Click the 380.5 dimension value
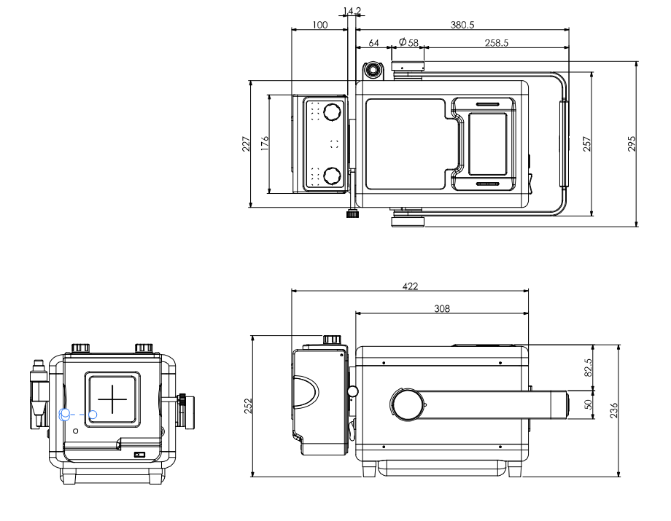462,24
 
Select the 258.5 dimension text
496,43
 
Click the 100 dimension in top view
319,24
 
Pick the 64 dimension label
373,43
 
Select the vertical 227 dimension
246,144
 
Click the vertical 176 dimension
265,144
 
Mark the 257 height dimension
587,144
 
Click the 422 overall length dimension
411,286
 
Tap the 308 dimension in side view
442,308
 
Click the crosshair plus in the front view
112,399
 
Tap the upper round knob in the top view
333,111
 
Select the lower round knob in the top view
333,176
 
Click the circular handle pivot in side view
407,404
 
